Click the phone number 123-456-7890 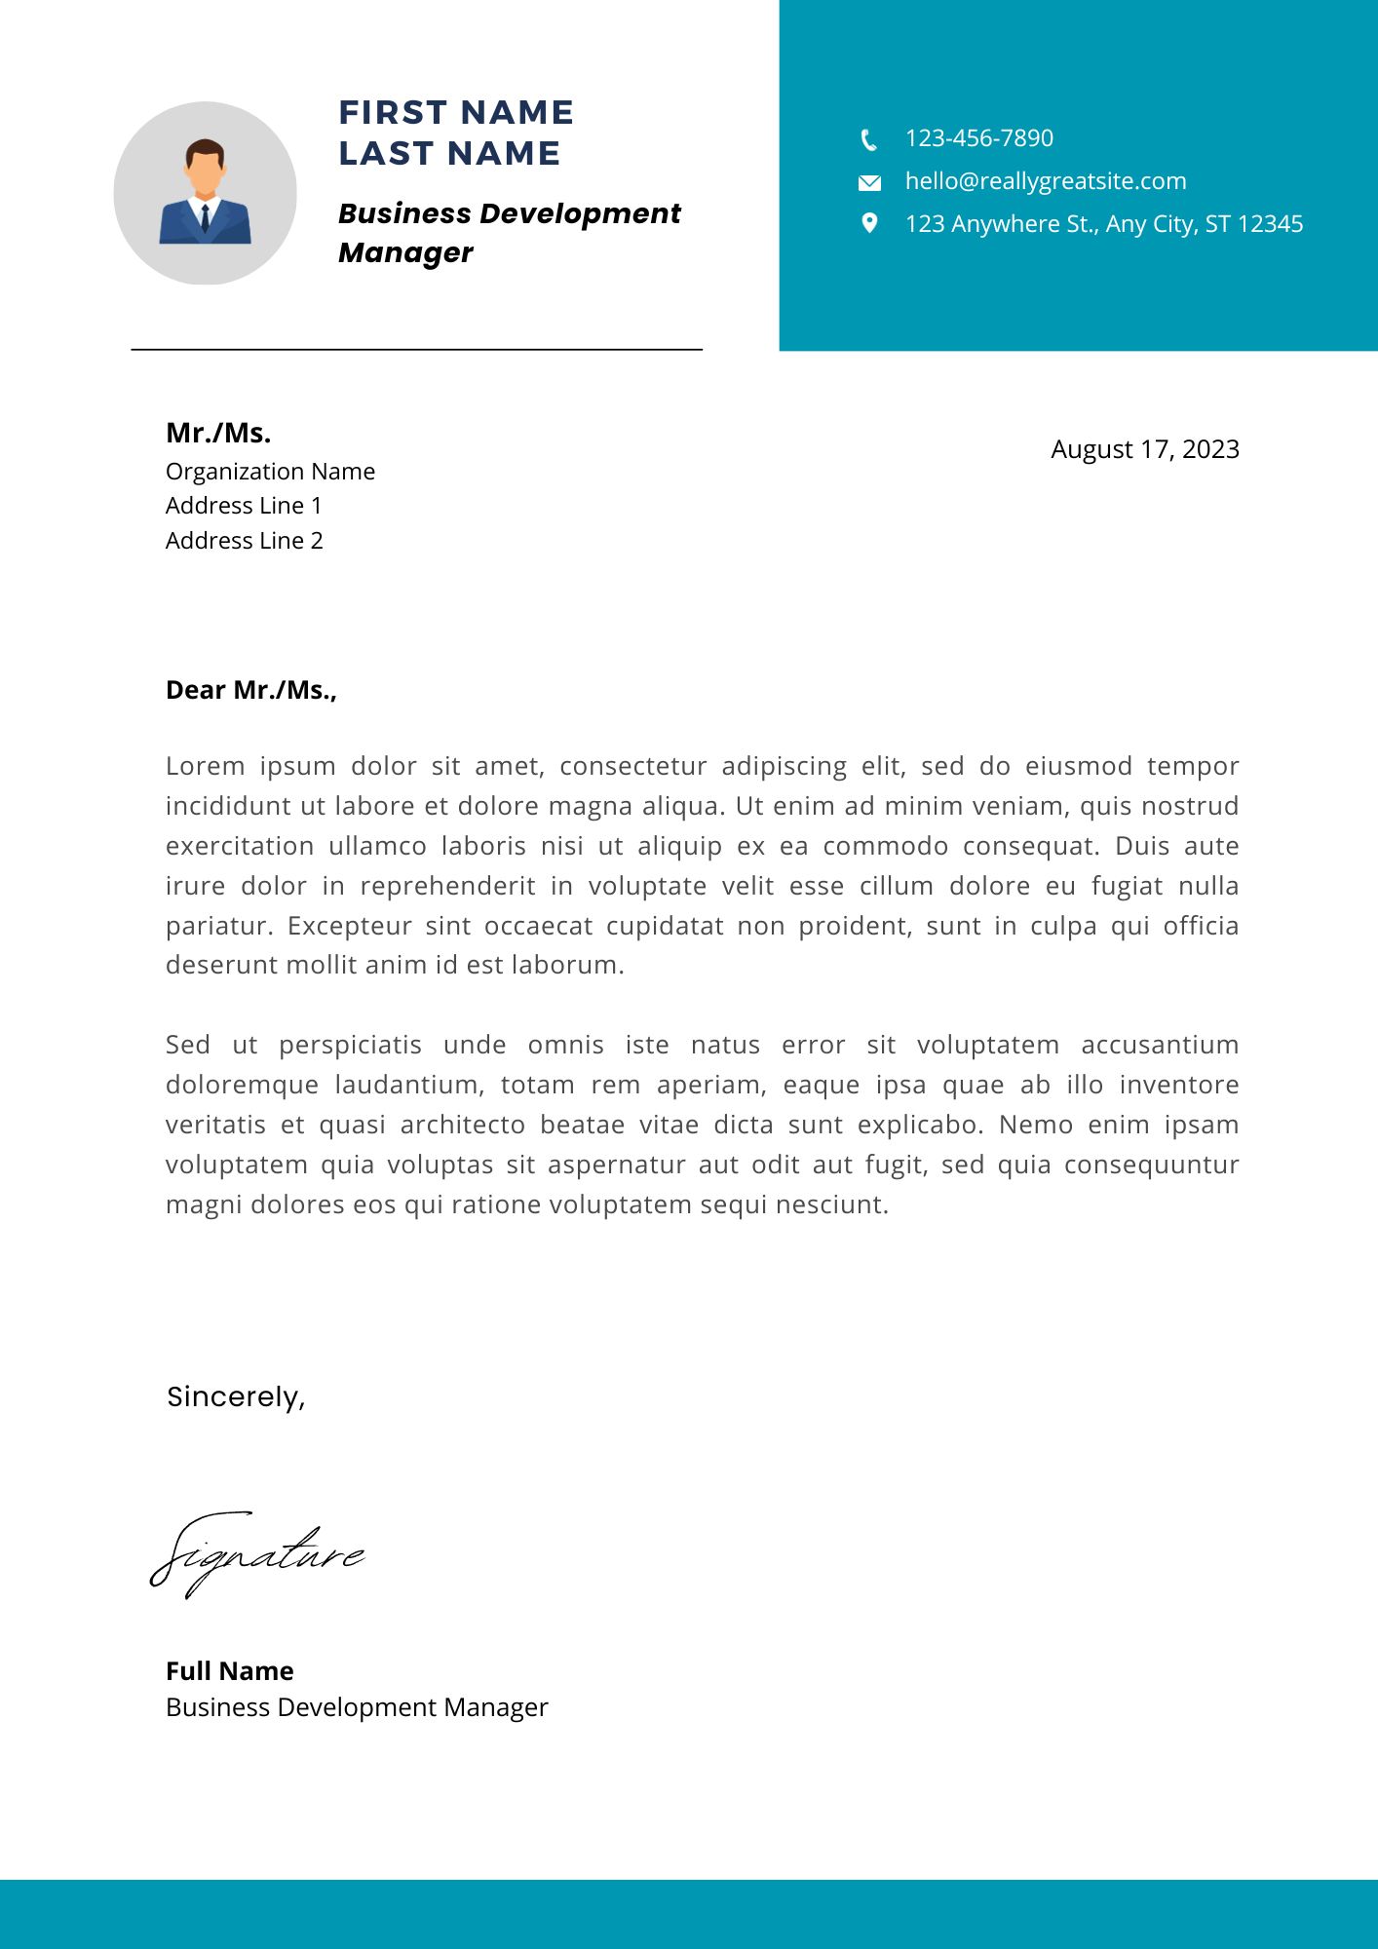coord(978,138)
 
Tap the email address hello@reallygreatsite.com coord(1045,181)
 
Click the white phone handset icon coord(868,140)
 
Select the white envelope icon coord(869,182)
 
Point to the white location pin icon coord(869,223)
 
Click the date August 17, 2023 coord(1144,449)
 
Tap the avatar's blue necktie coord(206,218)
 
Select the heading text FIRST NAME coord(455,113)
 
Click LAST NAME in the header coord(449,154)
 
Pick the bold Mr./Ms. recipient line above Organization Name coord(218,433)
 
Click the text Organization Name coord(270,472)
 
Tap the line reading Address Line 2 coord(244,541)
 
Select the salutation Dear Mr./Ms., coord(250,690)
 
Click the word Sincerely coord(235,1396)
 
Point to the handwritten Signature coord(256,1553)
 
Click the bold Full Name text coord(229,1671)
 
